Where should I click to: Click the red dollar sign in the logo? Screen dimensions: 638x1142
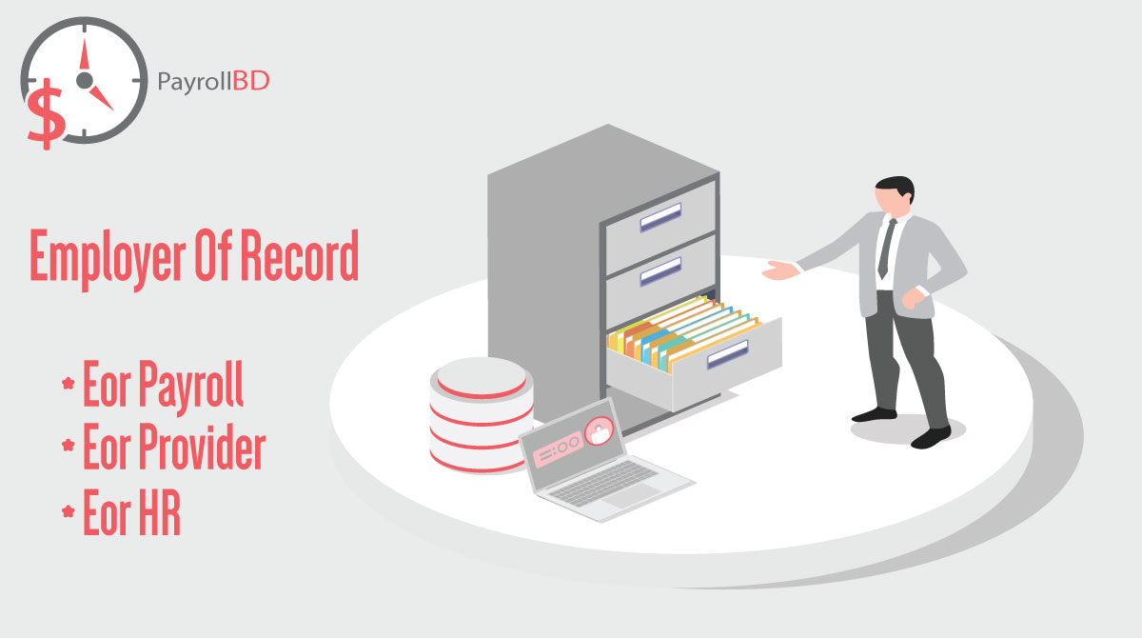(45, 111)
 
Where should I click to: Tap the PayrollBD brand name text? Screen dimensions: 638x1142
(212, 81)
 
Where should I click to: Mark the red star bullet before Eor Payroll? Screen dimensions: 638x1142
(68, 386)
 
